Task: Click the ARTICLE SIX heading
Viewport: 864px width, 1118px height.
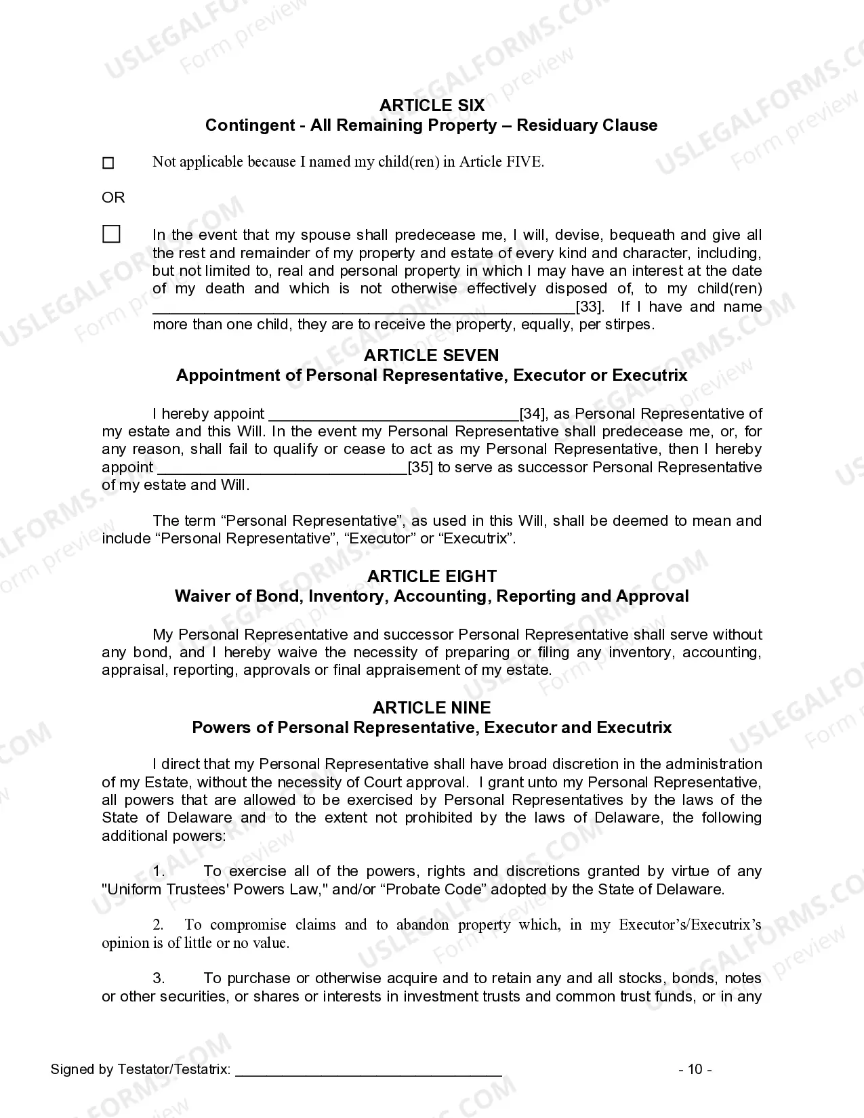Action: (x=432, y=105)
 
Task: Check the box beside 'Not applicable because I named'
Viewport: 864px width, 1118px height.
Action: (x=108, y=163)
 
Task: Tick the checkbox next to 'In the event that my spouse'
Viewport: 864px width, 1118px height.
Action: (x=111, y=234)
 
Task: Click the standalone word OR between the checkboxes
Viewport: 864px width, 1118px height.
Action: (x=113, y=197)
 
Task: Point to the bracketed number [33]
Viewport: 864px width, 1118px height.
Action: (x=590, y=307)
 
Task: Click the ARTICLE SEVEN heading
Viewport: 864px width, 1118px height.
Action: (x=432, y=356)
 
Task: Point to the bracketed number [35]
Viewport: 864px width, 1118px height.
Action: (x=421, y=468)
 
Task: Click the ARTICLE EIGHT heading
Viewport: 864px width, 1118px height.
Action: (x=432, y=577)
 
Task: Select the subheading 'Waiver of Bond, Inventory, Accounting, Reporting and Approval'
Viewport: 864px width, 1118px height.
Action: (x=432, y=596)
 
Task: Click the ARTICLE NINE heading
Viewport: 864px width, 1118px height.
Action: (x=432, y=708)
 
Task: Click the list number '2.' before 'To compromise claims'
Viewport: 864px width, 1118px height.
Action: (x=158, y=925)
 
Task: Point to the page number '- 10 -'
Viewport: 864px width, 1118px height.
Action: (x=695, y=1070)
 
